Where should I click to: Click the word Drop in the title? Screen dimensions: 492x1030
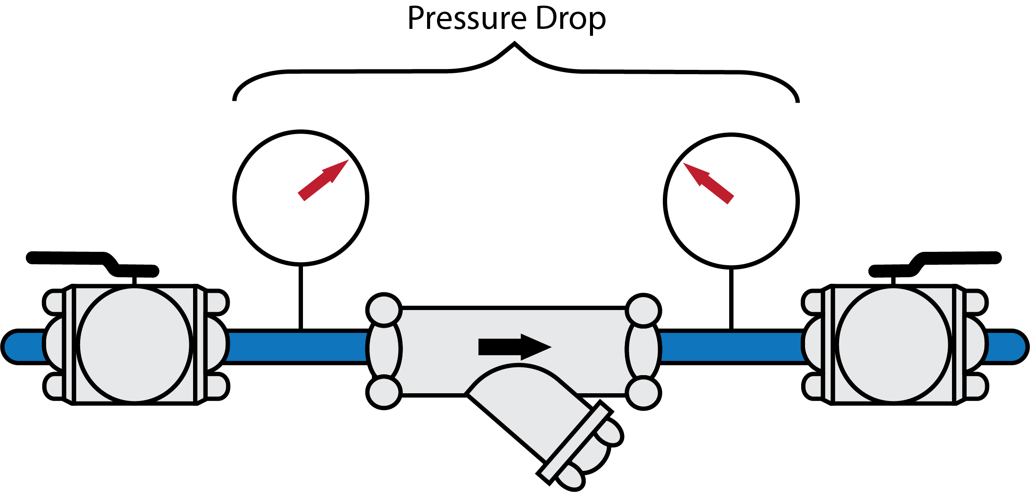click(x=571, y=19)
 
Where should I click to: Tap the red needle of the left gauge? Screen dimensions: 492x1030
click(x=323, y=180)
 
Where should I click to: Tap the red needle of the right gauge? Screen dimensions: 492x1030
click(x=709, y=183)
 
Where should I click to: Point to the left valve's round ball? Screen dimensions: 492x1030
click(x=134, y=345)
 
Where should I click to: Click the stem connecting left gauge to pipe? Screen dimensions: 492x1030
click(x=300, y=298)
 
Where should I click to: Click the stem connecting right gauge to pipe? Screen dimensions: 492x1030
click(x=731, y=300)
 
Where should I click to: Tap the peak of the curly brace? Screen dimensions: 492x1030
click(x=514, y=44)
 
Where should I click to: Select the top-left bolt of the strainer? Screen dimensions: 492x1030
click(x=384, y=310)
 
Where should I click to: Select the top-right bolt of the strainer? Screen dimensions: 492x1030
click(x=643, y=310)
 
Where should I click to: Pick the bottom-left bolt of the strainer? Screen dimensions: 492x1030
click(x=384, y=392)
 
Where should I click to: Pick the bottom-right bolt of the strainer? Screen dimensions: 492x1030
click(x=643, y=393)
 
